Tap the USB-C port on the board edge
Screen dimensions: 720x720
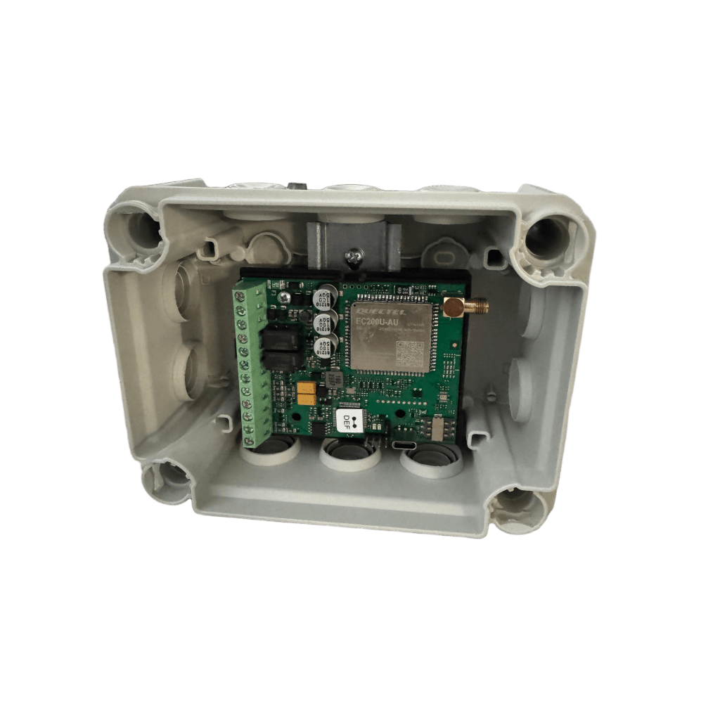click(x=404, y=446)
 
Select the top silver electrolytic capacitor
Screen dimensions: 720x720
click(x=325, y=295)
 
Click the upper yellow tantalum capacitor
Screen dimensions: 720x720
click(x=306, y=387)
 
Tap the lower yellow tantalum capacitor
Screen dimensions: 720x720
click(x=306, y=399)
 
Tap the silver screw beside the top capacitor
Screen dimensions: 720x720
click(x=284, y=298)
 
